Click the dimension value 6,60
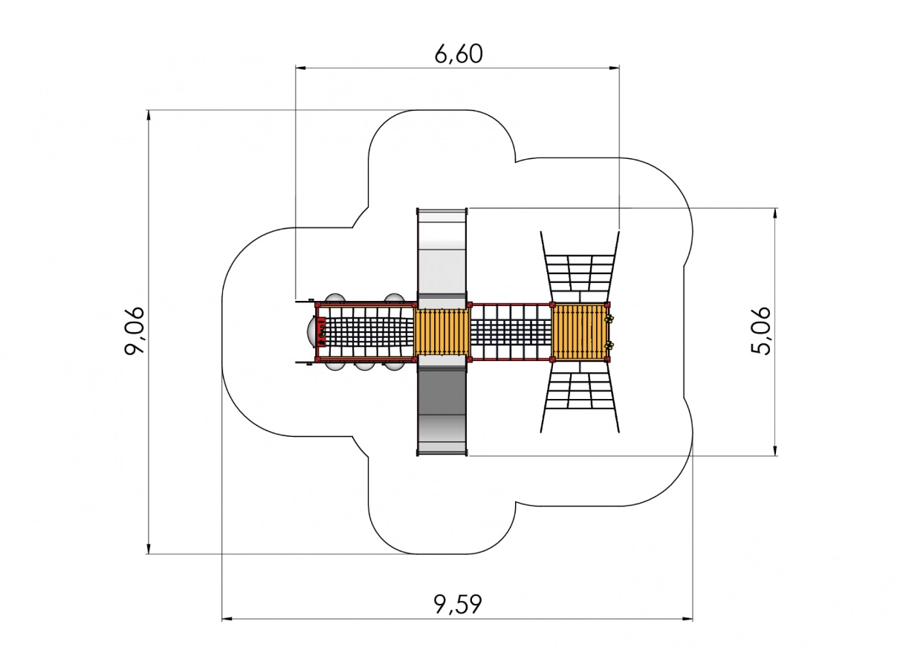[459, 53]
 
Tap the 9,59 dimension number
[458, 604]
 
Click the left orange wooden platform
[442, 332]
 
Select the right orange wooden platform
[580, 332]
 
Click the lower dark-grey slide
[441, 409]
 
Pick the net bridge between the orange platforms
[511, 332]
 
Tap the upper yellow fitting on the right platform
[610, 319]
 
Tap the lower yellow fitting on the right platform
[610, 345]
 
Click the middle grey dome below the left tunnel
[363, 365]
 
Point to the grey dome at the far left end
[311, 331]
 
